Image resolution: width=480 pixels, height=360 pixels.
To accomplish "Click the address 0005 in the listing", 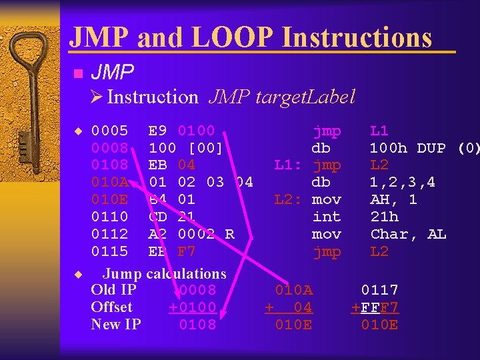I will pos(111,131).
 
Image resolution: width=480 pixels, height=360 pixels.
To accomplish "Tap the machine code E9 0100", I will pos(181,131).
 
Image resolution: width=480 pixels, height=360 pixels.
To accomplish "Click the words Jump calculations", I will pos(164,273).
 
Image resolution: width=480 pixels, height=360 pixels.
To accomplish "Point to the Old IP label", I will pos(113,290).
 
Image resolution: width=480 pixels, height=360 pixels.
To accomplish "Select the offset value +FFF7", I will pos(375,307).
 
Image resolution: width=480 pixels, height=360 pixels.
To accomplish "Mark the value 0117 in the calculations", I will pos(379,290).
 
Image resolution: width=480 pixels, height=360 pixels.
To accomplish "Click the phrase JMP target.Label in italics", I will pos(281,97).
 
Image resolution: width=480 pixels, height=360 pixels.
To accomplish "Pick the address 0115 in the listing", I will pos(111,252).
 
